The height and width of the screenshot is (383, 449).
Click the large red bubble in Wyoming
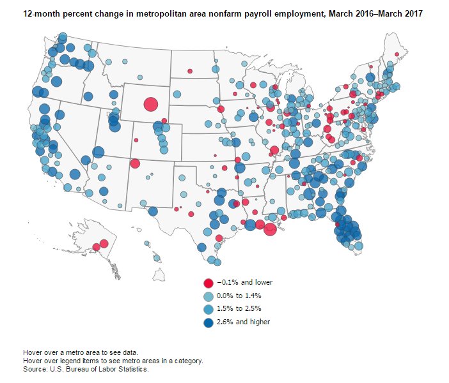pos(151,105)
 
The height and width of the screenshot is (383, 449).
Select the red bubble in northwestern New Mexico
pos(135,163)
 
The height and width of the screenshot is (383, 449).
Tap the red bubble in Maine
pos(397,54)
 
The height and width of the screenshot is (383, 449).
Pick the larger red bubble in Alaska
pos(104,243)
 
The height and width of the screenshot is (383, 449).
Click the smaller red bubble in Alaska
pos(96,247)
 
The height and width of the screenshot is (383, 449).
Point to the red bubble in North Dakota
pos(190,71)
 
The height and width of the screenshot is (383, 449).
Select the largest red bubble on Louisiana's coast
pos(270,229)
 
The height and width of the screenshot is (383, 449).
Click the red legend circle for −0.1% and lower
pos(208,283)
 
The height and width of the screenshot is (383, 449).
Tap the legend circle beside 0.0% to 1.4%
pos(208,296)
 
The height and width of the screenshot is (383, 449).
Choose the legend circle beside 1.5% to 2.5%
pos(208,309)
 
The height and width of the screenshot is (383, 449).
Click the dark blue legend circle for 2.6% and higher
pos(208,322)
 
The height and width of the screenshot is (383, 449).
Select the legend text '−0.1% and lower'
pos(244,283)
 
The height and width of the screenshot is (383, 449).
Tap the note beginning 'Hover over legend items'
pos(113,361)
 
